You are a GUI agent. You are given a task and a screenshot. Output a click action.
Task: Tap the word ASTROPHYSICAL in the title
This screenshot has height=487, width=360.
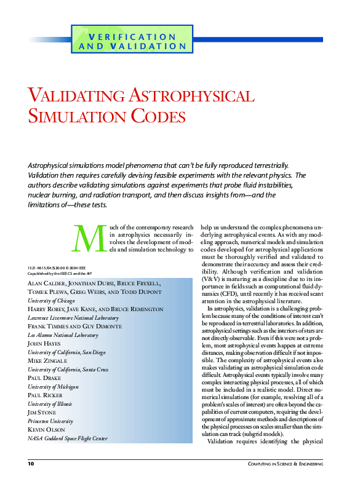(191, 96)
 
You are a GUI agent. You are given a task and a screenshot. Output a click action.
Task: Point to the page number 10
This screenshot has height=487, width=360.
(31, 463)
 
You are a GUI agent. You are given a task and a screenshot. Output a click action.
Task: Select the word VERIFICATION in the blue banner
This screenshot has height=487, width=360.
(132, 37)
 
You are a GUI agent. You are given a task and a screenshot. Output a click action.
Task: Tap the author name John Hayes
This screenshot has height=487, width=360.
(44, 343)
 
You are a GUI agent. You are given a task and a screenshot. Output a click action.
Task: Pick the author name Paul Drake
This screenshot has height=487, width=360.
(44, 378)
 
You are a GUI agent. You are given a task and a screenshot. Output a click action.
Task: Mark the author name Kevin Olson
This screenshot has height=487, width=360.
(48, 429)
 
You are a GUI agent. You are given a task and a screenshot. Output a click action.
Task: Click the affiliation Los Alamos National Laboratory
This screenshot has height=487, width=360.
(63, 335)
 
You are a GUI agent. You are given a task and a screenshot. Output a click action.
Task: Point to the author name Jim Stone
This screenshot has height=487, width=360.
(42, 412)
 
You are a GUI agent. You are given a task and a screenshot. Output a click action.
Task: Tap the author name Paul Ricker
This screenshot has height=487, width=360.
(46, 395)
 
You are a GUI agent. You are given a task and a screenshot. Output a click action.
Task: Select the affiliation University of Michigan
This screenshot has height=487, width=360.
(53, 386)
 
